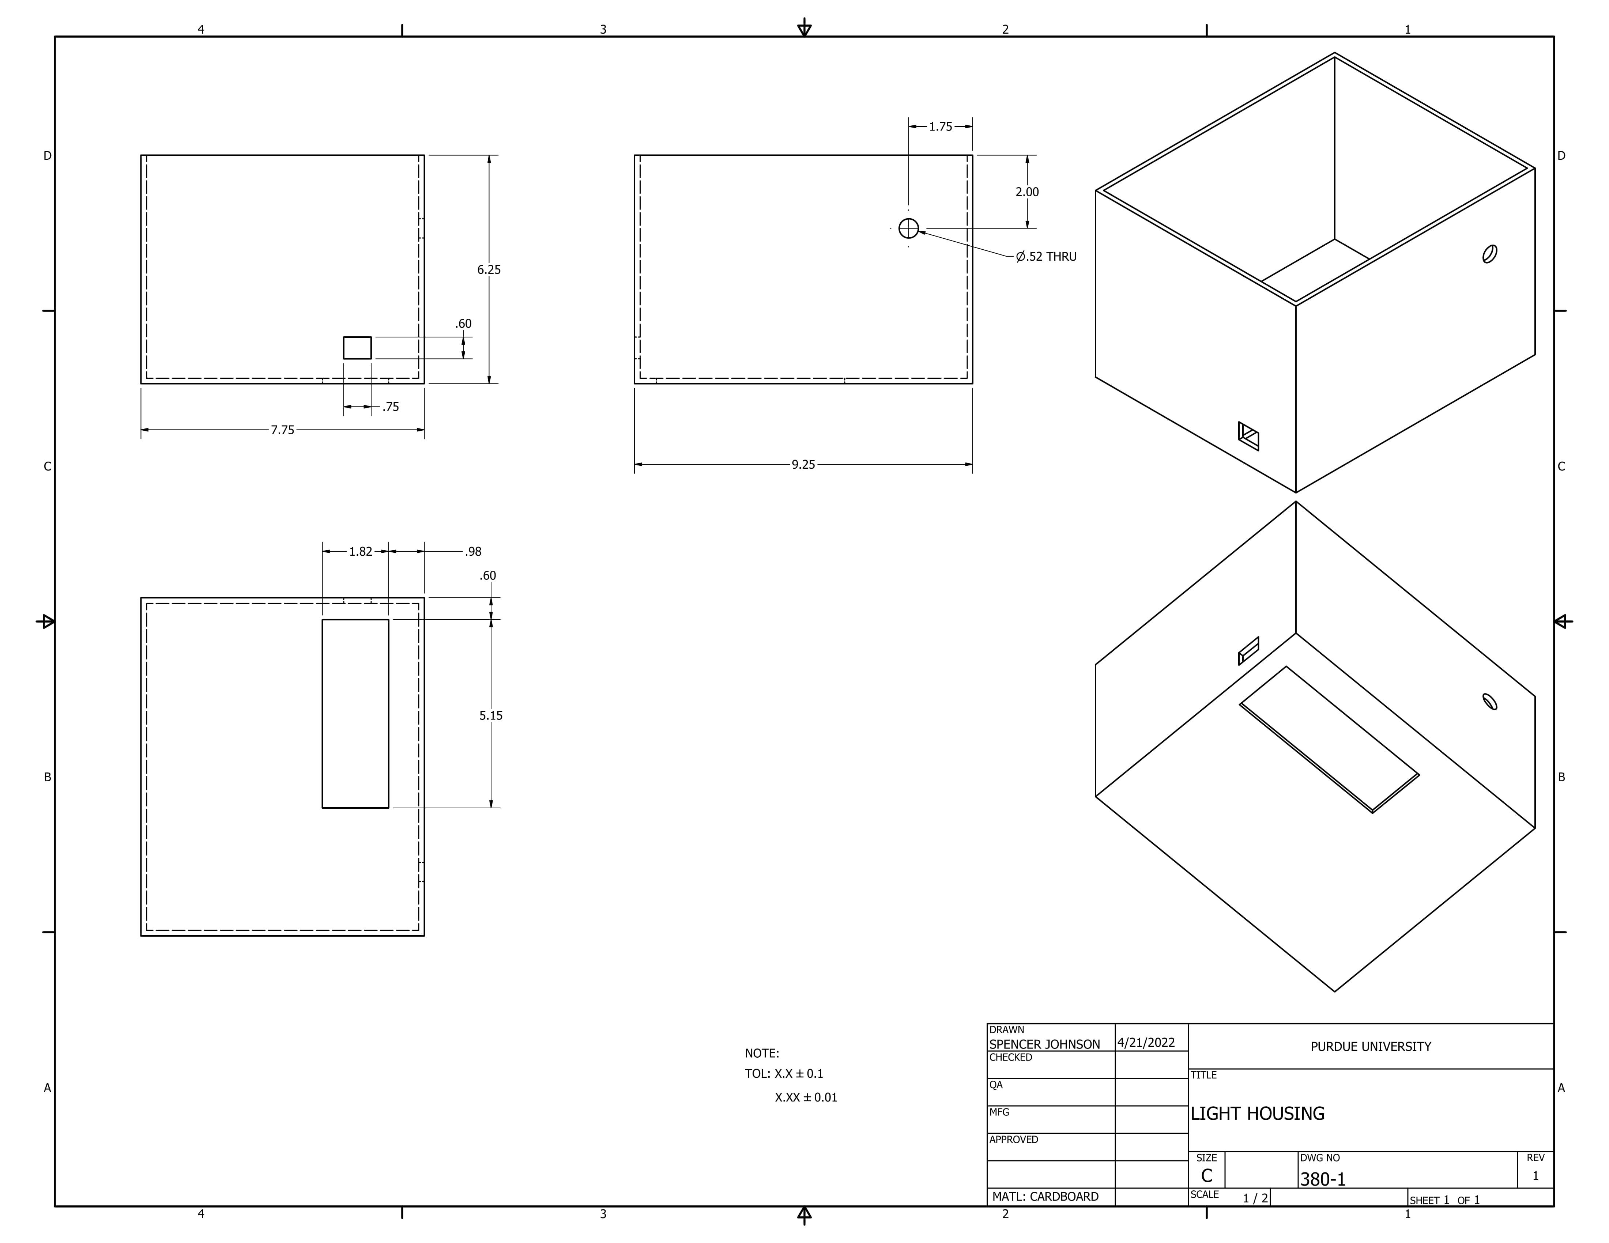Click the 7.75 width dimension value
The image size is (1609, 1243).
[x=282, y=430]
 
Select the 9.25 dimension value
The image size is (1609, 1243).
[x=803, y=465]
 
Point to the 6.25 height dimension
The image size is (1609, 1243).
[x=489, y=269]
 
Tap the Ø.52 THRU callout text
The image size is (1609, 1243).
[x=1046, y=256]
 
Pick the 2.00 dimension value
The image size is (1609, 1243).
[x=1027, y=192]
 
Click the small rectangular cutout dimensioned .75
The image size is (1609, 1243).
[x=357, y=348]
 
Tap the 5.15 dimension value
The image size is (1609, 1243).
[x=491, y=715]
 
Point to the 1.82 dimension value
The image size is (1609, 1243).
[x=360, y=552]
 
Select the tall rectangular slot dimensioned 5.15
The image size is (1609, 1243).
[x=355, y=714]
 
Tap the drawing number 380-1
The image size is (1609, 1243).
[x=1322, y=1180]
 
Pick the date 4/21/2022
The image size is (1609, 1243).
[x=1146, y=1043]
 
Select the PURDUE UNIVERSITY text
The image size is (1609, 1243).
[x=1370, y=1046]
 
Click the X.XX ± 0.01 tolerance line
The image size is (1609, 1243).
[x=806, y=1097]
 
